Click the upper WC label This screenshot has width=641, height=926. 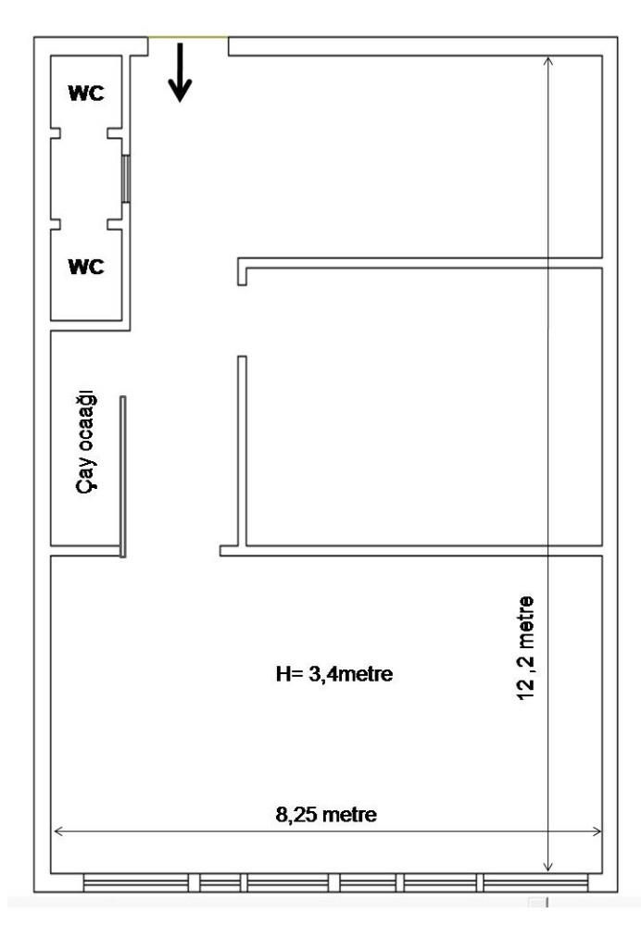tap(86, 94)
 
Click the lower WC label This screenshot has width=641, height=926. tap(86, 267)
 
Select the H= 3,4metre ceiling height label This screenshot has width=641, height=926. tap(334, 674)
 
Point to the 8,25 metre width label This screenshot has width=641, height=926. tap(326, 815)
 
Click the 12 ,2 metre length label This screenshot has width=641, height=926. tap(525, 648)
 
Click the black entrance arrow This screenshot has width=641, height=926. tap(180, 72)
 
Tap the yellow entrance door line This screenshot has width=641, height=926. tap(188, 38)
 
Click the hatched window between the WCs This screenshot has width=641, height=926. tap(125, 179)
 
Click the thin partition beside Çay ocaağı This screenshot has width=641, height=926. tap(123, 477)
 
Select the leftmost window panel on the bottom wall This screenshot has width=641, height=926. tap(136, 882)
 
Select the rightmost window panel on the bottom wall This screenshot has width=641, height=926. tap(535, 882)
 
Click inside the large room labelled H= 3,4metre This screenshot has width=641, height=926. tap(326, 738)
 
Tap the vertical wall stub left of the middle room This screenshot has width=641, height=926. tap(242, 451)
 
